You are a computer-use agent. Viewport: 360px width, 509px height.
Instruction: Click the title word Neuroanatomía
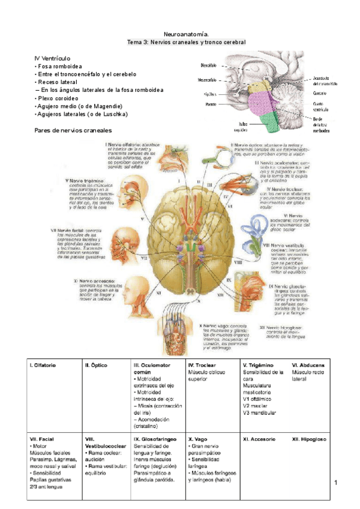point(186,35)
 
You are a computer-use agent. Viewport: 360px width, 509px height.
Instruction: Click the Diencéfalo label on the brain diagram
point(209,64)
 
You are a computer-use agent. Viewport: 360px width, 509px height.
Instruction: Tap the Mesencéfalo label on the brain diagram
point(208,79)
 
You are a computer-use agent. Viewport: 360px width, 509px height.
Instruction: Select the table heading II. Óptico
point(97,365)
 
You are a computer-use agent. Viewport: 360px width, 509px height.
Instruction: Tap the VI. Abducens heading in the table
point(308,365)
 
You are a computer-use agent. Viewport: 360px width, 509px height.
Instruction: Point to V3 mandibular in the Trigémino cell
point(259,412)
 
